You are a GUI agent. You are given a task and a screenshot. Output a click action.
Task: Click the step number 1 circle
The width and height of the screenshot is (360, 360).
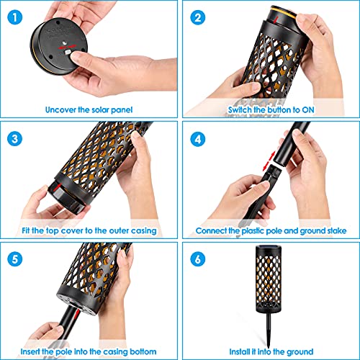15,17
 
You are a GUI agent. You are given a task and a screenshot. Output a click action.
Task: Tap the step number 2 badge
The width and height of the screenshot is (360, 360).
198,17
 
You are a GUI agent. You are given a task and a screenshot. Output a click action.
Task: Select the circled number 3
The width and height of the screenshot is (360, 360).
15,139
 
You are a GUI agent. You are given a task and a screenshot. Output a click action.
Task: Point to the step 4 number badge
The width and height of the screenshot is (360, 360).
198,139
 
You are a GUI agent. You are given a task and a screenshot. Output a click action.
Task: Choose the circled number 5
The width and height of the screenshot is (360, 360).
15,259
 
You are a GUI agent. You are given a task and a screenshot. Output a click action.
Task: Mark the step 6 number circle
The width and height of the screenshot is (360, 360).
198,259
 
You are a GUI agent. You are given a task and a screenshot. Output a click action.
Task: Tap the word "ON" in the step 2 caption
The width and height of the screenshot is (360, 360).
308,110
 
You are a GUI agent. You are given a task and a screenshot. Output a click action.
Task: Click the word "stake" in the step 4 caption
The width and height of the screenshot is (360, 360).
337,231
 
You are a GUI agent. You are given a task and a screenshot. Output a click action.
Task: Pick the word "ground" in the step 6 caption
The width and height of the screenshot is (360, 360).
300,352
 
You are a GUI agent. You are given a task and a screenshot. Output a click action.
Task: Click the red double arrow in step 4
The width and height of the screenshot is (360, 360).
269,161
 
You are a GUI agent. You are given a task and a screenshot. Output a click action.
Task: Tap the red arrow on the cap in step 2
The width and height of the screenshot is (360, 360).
276,19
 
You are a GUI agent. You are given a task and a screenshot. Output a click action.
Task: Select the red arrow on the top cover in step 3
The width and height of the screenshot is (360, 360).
57,187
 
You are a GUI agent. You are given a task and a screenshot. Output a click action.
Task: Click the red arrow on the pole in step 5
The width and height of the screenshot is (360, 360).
76,314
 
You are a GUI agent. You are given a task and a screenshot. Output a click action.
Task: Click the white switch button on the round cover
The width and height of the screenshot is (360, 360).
68,52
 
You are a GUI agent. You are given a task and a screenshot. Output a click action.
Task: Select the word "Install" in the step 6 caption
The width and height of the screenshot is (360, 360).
239,351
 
